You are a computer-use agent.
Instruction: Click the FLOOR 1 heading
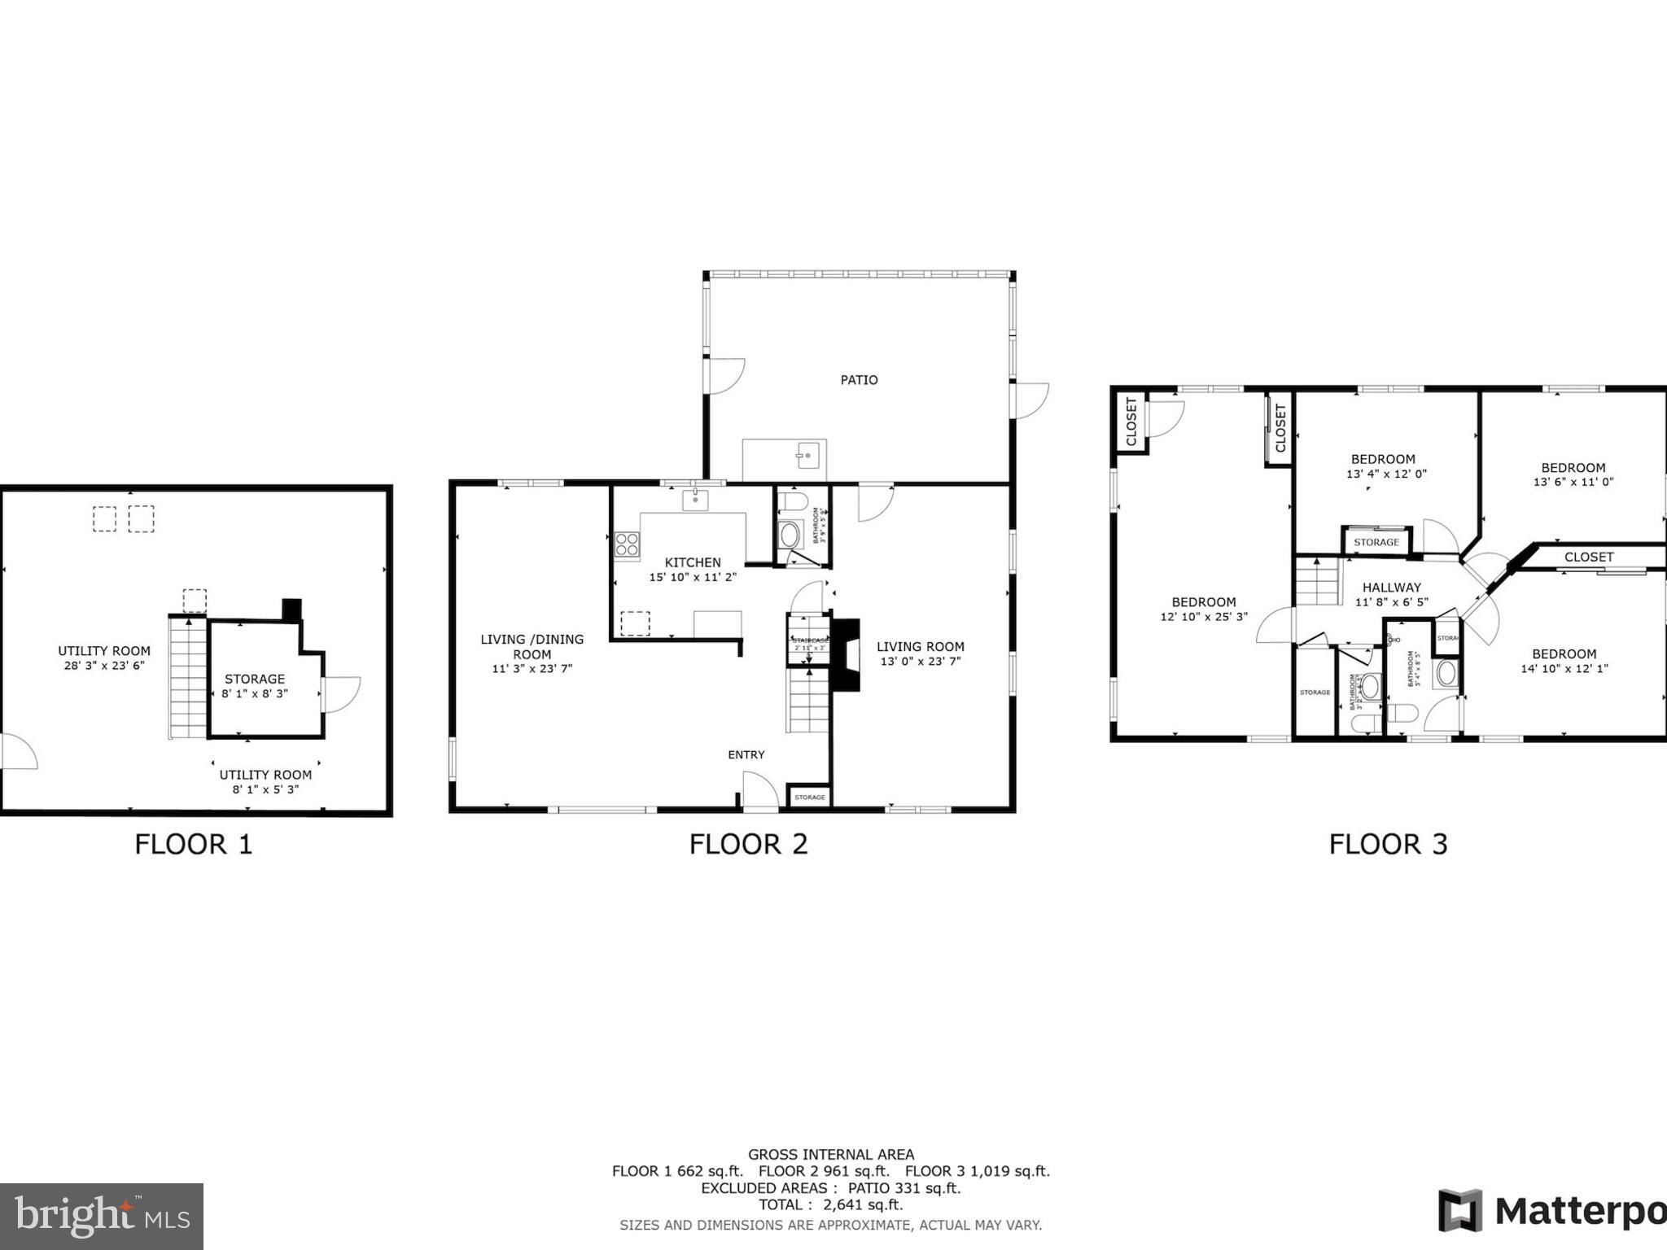pos(194,844)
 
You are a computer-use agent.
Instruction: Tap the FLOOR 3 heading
pos(1388,844)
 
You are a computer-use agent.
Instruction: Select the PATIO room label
pos(859,380)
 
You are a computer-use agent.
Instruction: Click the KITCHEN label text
pos(693,562)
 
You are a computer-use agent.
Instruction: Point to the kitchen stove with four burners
pos(627,544)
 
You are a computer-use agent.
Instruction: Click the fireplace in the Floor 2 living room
pos(846,655)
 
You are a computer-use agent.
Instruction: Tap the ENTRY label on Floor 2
pos(746,755)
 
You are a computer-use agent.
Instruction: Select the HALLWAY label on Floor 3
pos(1391,588)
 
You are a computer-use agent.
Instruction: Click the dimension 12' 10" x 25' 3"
pos(1203,618)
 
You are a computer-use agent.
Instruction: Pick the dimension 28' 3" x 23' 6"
pos(104,666)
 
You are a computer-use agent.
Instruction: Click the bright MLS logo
pos(101,1216)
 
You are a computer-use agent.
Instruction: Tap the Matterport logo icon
pos(1460,1210)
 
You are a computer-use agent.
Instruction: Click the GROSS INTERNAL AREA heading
pos(830,1154)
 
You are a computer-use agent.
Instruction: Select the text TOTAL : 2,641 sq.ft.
pos(830,1205)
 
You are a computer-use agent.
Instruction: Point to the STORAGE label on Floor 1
pos(255,679)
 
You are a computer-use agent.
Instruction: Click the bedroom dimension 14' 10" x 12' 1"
pos(1564,669)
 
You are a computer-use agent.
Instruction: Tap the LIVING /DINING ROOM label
pos(532,646)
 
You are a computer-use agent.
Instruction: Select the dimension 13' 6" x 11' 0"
pos(1573,482)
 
